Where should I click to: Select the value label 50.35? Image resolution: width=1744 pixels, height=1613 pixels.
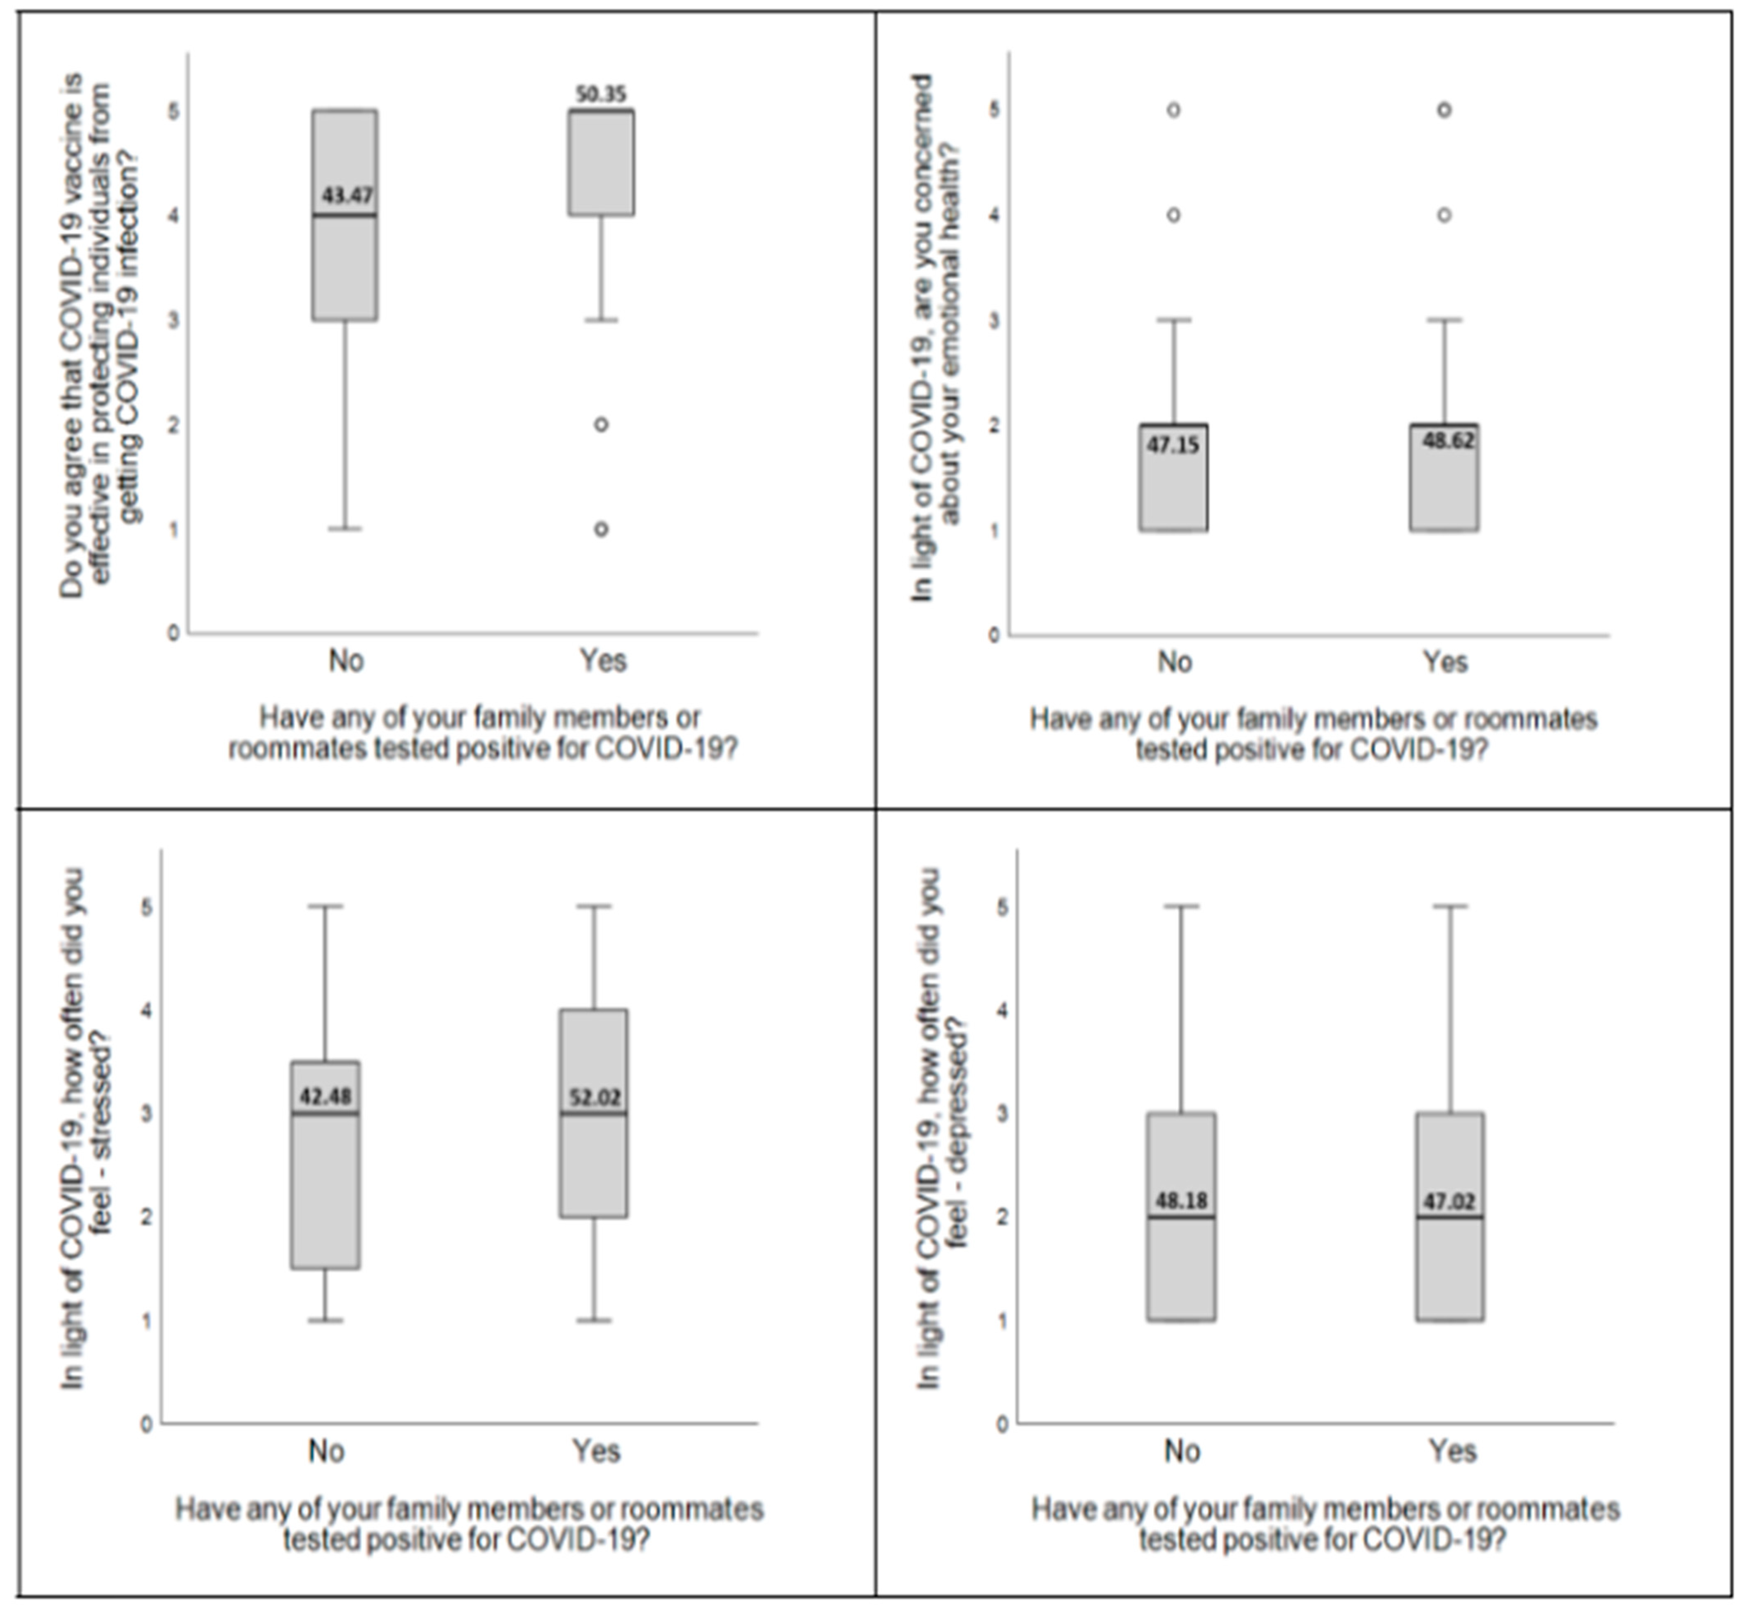tap(601, 93)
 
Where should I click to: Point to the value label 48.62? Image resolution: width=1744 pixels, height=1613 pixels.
tap(1449, 441)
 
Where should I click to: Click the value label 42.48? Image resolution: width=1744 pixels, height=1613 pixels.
tap(326, 1096)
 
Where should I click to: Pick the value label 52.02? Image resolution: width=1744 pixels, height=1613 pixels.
tap(595, 1097)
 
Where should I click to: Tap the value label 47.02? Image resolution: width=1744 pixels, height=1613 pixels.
tap(1449, 1202)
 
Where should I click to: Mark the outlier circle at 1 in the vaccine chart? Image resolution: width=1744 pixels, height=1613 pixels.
tap(601, 529)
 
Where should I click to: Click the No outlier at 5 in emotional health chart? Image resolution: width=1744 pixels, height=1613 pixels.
tap(1173, 110)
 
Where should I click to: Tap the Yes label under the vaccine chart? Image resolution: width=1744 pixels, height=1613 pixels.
tap(603, 661)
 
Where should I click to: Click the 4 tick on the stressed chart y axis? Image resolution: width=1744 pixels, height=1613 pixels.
tap(146, 1010)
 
